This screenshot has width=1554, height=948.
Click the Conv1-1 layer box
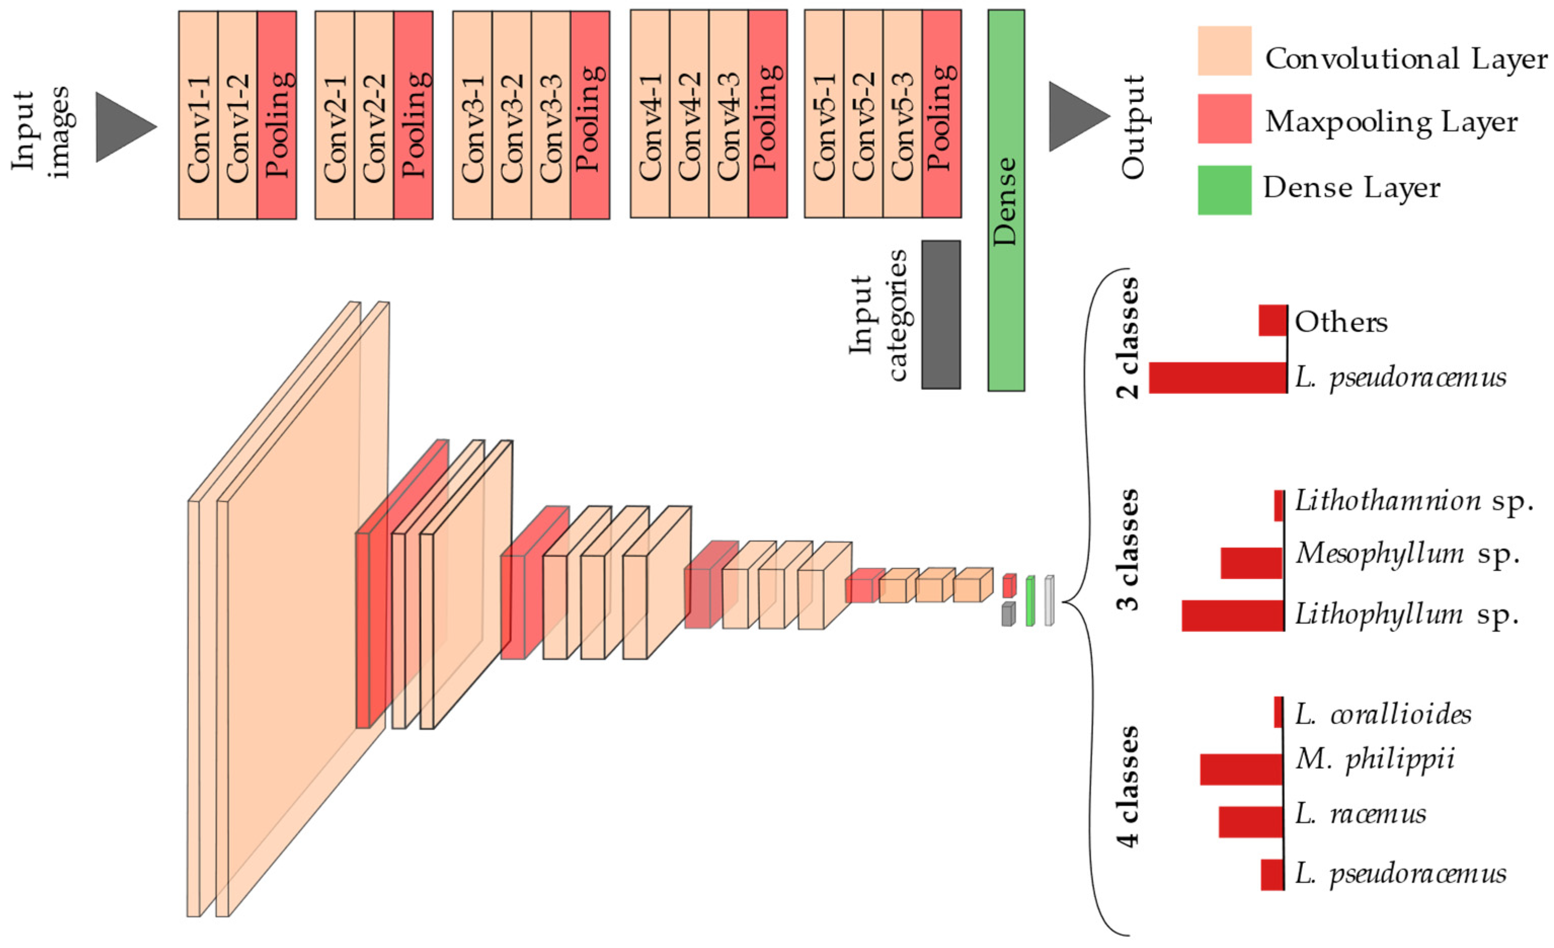click(198, 115)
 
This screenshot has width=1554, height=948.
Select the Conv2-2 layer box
click(374, 115)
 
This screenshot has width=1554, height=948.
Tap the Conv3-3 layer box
click(550, 115)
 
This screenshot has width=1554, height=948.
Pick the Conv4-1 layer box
click(650, 113)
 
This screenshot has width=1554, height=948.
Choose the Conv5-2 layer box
click(863, 113)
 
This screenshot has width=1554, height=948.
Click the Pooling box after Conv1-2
click(277, 115)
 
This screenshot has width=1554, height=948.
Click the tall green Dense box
click(1006, 200)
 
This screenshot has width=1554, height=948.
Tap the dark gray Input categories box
click(941, 314)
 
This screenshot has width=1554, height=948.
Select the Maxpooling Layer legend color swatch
click(1224, 118)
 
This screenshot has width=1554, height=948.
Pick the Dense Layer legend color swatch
click(1224, 190)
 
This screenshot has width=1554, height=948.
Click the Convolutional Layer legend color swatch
click(1224, 51)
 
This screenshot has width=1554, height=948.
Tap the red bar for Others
click(1272, 321)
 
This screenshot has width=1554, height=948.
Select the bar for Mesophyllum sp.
click(1251, 563)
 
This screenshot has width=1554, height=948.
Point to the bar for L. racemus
click(1251, 822)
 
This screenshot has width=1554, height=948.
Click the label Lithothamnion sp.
click(1413, 501)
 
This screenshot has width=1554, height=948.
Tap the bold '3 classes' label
click(1128, 549)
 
